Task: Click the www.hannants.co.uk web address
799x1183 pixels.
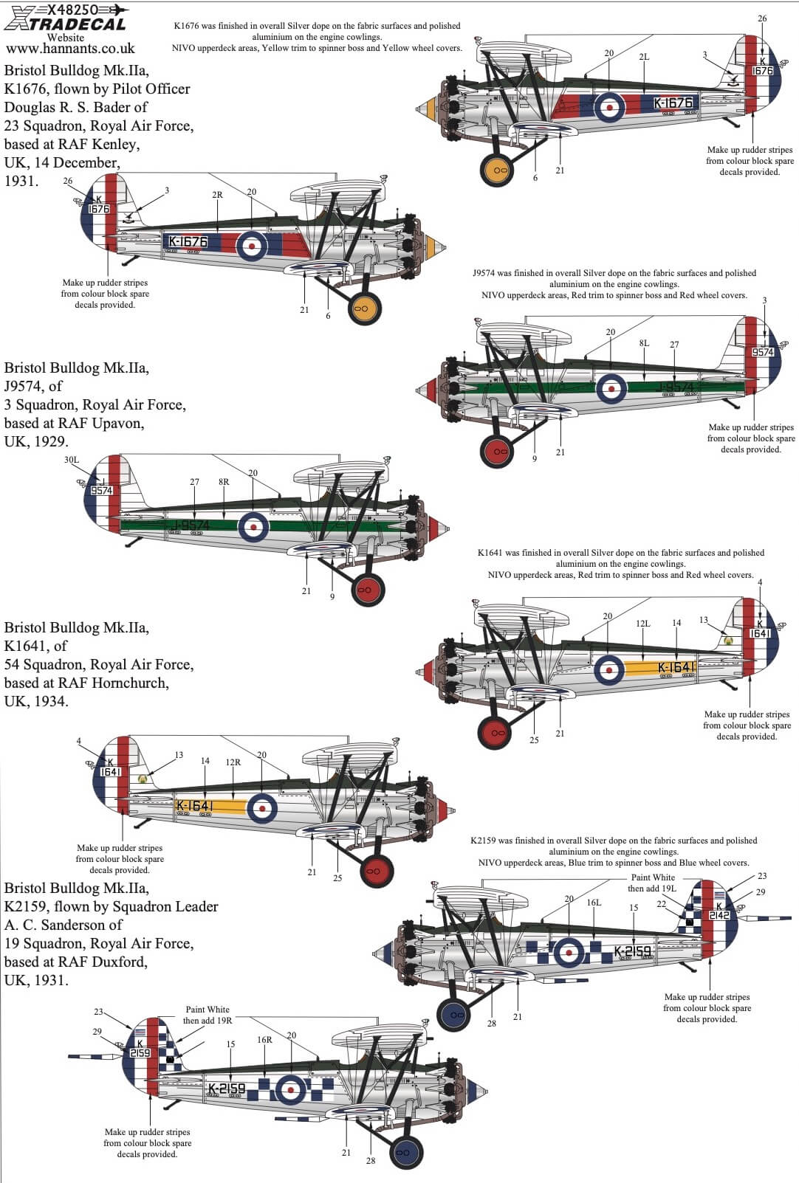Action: (x=70, y=49)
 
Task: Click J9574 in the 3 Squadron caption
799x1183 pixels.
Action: (x=24, y=386)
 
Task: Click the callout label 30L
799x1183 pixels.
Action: (x=72, y=460)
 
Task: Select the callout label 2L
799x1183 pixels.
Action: (x=644, y=57)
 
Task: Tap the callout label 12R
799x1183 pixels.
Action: (x=233, y=762)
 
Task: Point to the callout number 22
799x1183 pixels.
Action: (x=661, y=904)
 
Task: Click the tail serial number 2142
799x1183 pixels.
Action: (x=719, y=915)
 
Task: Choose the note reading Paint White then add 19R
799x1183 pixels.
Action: (x=208, y=1015)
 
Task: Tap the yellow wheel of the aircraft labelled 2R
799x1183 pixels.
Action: (x=363, y=306)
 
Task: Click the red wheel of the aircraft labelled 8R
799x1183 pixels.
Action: (x=367, y=590)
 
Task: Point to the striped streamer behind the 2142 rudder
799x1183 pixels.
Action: (x=768, y=919)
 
